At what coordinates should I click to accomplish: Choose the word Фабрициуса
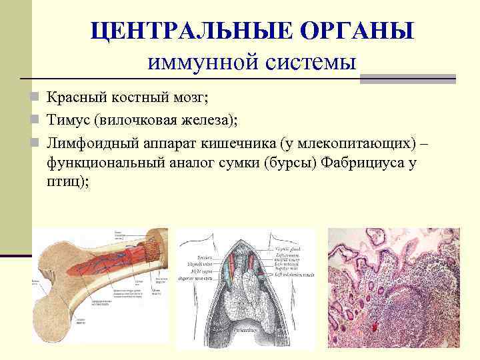[366, 162]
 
